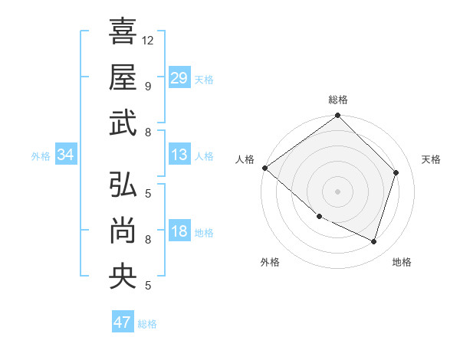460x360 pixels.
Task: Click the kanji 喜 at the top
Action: coord(123,31)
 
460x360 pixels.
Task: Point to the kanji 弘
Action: coord(123,185)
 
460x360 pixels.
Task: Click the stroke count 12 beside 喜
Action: coord(149,40)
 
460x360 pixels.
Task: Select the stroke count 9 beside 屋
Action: coord(147,86)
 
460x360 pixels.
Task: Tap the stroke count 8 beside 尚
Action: coord(147,239)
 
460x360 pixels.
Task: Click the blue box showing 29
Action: coord(179,77)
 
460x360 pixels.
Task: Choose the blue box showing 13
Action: coord(179,155)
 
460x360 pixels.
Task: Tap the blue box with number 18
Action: coord(179,231)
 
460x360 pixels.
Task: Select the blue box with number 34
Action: coord(66,155)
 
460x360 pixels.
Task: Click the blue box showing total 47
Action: coord(123,322)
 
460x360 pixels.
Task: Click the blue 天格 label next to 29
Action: coord(204,79)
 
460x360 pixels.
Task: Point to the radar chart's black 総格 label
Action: coord(338,100)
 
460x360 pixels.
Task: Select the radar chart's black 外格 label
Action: coord(270,262)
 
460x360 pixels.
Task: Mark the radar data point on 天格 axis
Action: coord(396,172)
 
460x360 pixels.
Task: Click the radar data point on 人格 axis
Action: coord(264,168)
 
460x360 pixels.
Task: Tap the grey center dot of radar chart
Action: coord(337,191)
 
